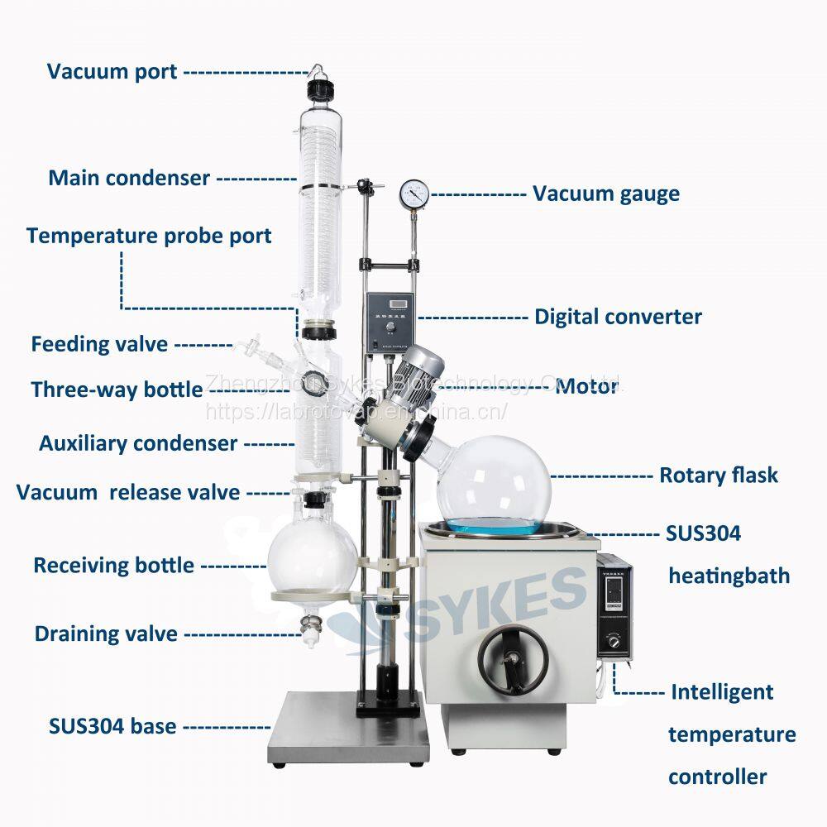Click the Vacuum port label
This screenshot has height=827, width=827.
pos(112,71)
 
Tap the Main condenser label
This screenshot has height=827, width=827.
pos(128,178)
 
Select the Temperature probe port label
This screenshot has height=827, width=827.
pos(149,236)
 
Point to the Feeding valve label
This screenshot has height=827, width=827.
pos(99,343)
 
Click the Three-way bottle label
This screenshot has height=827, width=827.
pos(117,390)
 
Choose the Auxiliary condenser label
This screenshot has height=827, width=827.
pos(138,443)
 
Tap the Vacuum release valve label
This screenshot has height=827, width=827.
pos(128,493)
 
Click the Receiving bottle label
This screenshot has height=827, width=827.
pos(113,566)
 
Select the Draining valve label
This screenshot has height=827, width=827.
pos(106,634)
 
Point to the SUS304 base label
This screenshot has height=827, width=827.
pos(112,727)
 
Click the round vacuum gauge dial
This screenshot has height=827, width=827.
pos(412,194)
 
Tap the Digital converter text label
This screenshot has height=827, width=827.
pos(618,317)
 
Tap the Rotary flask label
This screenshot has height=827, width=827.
pos(719,476)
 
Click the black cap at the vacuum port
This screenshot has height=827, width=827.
pos(315,88)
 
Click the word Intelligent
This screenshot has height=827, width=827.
pos(722,691)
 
